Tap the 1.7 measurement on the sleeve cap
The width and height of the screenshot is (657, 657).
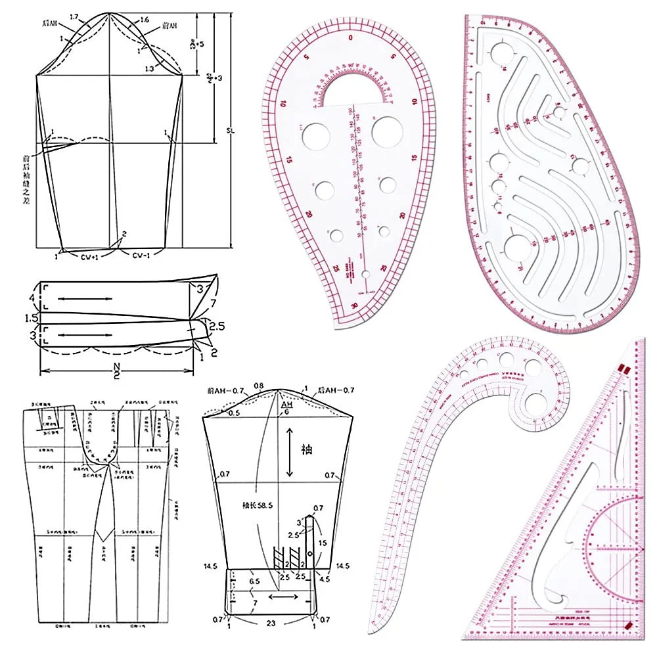pyautogui.click(x=74, y=16)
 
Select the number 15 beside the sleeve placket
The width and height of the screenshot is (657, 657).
pyautogui.click(x=322, y=543)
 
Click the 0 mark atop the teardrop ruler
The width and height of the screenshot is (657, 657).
pyautogui.click(x=350, y=39)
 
